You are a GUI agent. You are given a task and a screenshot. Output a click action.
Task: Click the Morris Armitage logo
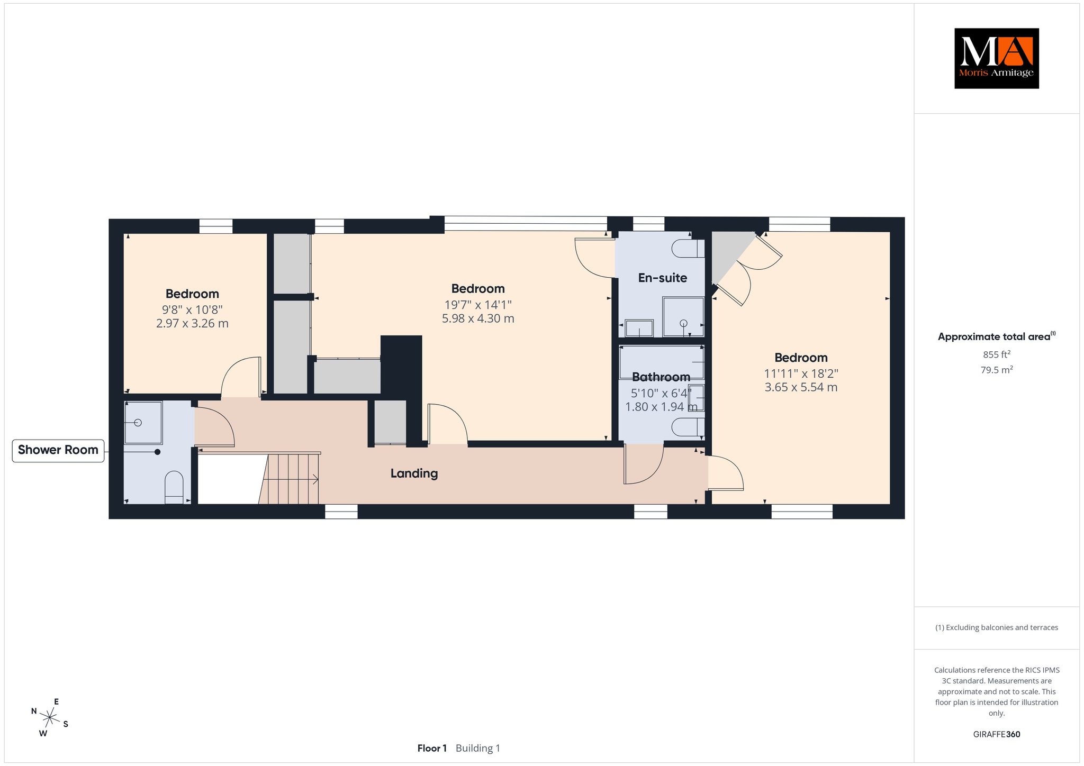pos(996,58)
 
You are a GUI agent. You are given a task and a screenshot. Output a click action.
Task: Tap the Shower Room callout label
pos(58,450)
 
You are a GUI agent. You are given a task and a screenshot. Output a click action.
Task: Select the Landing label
pos(414,473)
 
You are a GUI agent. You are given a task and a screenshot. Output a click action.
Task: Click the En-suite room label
pos(662,278)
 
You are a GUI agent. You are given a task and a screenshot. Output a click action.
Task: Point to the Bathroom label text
pos(661,377)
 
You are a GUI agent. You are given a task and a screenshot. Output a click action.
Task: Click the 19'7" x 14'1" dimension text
pos(478,305)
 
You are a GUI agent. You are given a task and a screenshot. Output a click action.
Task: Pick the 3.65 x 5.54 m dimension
pos(801,387)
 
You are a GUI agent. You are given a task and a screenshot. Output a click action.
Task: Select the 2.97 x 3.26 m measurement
pos(192,323)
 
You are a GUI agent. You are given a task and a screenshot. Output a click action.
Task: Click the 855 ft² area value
pos(997,354)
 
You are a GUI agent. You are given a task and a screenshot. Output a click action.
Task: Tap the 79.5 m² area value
pos(997,370)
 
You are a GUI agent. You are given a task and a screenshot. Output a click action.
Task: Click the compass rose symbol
pos(50,717)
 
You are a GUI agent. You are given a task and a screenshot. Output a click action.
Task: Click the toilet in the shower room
pos(174,487)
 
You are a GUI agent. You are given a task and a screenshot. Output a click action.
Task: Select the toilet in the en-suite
pos(688,249)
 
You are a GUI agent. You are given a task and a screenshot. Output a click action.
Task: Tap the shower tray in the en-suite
pos(683,317)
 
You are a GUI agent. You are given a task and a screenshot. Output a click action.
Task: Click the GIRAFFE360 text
pos(997,734)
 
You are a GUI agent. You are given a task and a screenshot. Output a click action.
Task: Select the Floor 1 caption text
pos(432,748)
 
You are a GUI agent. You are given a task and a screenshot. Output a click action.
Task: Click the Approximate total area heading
pos(997,336)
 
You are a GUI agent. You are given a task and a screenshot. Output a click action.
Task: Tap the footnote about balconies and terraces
pos(997,628)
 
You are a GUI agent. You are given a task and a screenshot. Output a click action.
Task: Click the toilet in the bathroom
pos(688,427)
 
